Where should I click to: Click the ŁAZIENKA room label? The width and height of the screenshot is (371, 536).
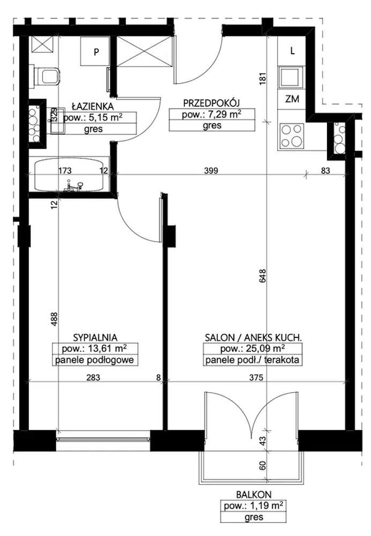tap(93, 106)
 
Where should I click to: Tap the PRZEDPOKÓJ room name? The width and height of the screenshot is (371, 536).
tap(212, 103)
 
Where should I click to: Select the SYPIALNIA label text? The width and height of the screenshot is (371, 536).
tap(95, 337)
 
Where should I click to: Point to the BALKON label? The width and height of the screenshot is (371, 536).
tap(254, 494)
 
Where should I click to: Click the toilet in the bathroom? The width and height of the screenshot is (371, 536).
tap(47, 76)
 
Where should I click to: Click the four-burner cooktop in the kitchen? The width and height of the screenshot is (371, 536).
tap(292, 136)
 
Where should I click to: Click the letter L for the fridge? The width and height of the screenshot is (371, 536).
tap(292, 51)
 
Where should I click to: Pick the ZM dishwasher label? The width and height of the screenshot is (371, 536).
tap(292, 99)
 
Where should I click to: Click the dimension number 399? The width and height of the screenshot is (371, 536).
tap(211, 170)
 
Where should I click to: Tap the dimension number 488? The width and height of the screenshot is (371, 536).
tap(54, 319)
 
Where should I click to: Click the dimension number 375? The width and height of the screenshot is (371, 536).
tap(256, 377)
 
